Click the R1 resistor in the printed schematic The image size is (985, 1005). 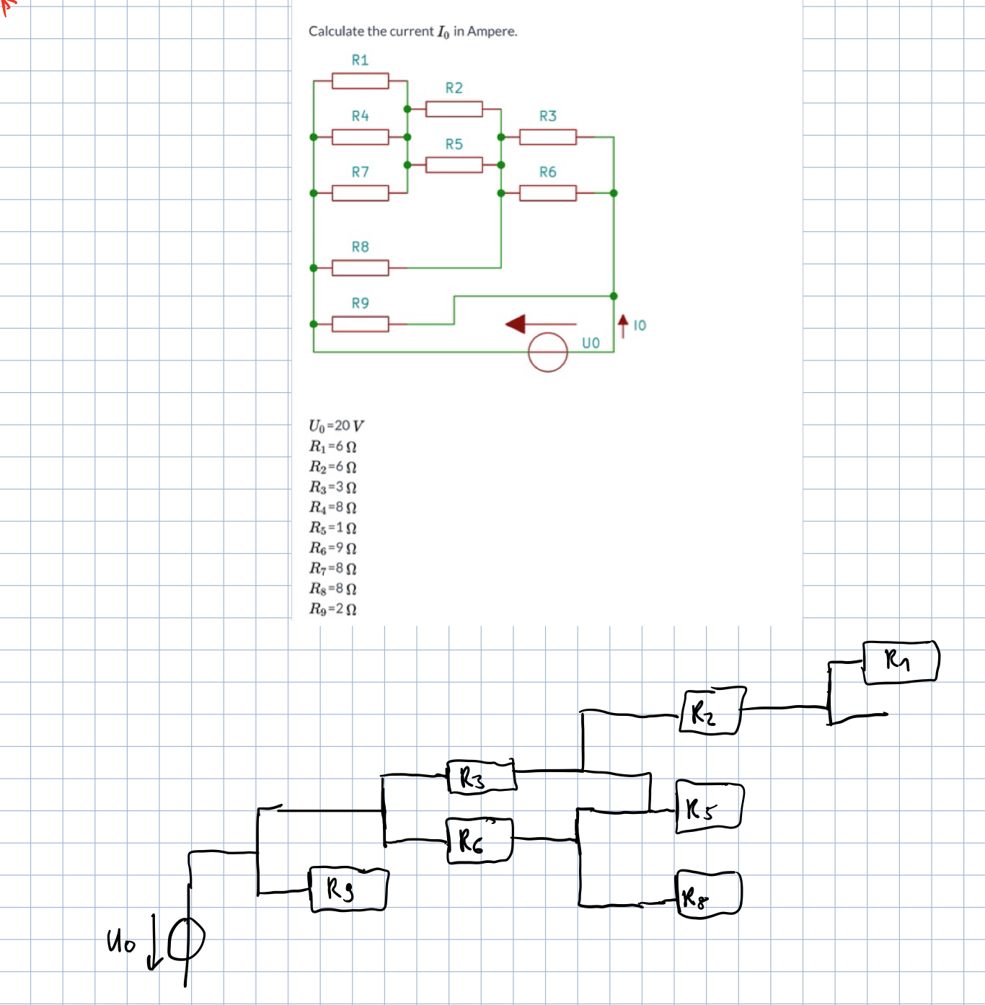point(360,81)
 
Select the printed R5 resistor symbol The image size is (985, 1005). point(454,165)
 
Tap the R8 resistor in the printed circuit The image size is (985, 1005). point(360,267)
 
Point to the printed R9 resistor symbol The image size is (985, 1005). point(360,324)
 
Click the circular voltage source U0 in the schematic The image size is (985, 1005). point(548,352)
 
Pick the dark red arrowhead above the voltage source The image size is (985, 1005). point(516,324)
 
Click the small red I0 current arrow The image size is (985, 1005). point(623,326)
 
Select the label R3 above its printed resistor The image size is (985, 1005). point(548,116)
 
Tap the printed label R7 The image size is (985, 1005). point(360,172)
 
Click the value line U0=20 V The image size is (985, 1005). point(337,425)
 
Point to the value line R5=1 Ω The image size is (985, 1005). point(333,527)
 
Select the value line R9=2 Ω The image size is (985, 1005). point(333,608)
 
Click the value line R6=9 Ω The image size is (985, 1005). point(333,548)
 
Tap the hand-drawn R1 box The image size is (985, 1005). point(901,662)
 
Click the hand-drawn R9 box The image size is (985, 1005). point(349,889)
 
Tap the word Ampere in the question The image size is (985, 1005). point(492,32)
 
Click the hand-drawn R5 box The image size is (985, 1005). point(710,807)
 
